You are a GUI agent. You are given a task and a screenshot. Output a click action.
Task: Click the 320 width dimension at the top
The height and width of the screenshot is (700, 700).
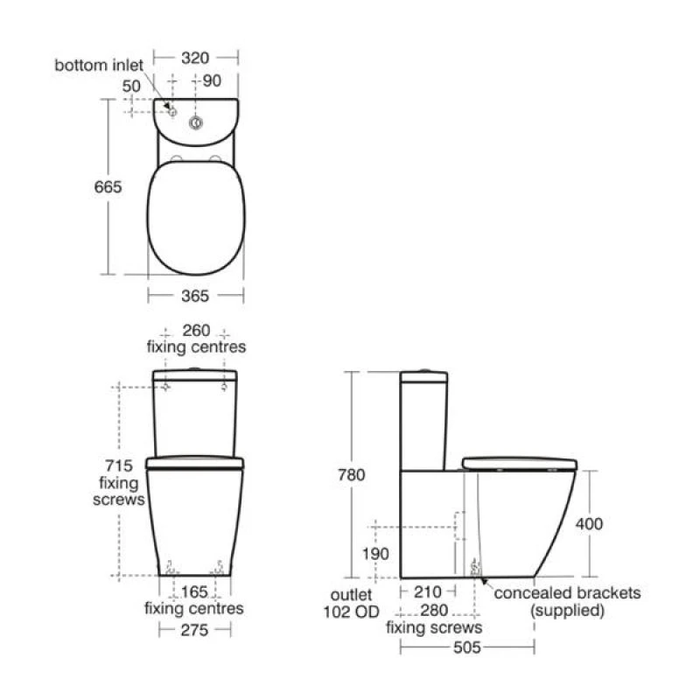pyautogui.click(x=195, y=58)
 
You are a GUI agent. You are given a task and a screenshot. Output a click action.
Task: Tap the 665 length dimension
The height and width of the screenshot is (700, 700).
pyautogui.click(x=108, y=186)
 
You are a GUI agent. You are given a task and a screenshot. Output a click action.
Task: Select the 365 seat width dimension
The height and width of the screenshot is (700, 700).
pyautogui.click(x=195, y=296)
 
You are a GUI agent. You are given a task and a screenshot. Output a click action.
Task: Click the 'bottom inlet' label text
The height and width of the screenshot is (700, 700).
pyautogui.click(x=99, y=65)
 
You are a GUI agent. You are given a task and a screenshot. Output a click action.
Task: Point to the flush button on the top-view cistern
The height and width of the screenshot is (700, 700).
pyautogui.click(x=196, y=122)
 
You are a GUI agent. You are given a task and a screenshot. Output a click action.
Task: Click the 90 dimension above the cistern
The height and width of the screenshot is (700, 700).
pyautogui.click(x=212, y=80)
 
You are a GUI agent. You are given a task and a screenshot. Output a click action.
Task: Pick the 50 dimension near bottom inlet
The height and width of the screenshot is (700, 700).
pyautogui.click(x=131, y=86)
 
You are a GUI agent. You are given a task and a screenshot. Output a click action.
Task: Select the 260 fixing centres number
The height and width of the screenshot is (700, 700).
pyautogui.click(x=196, y=331)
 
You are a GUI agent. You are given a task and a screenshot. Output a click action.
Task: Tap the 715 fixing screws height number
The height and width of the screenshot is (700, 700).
pyautogui.click(x=119, y=465)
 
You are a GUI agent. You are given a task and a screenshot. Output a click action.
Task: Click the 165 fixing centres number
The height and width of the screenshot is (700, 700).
pyautogui.click(x=194, y=592)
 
